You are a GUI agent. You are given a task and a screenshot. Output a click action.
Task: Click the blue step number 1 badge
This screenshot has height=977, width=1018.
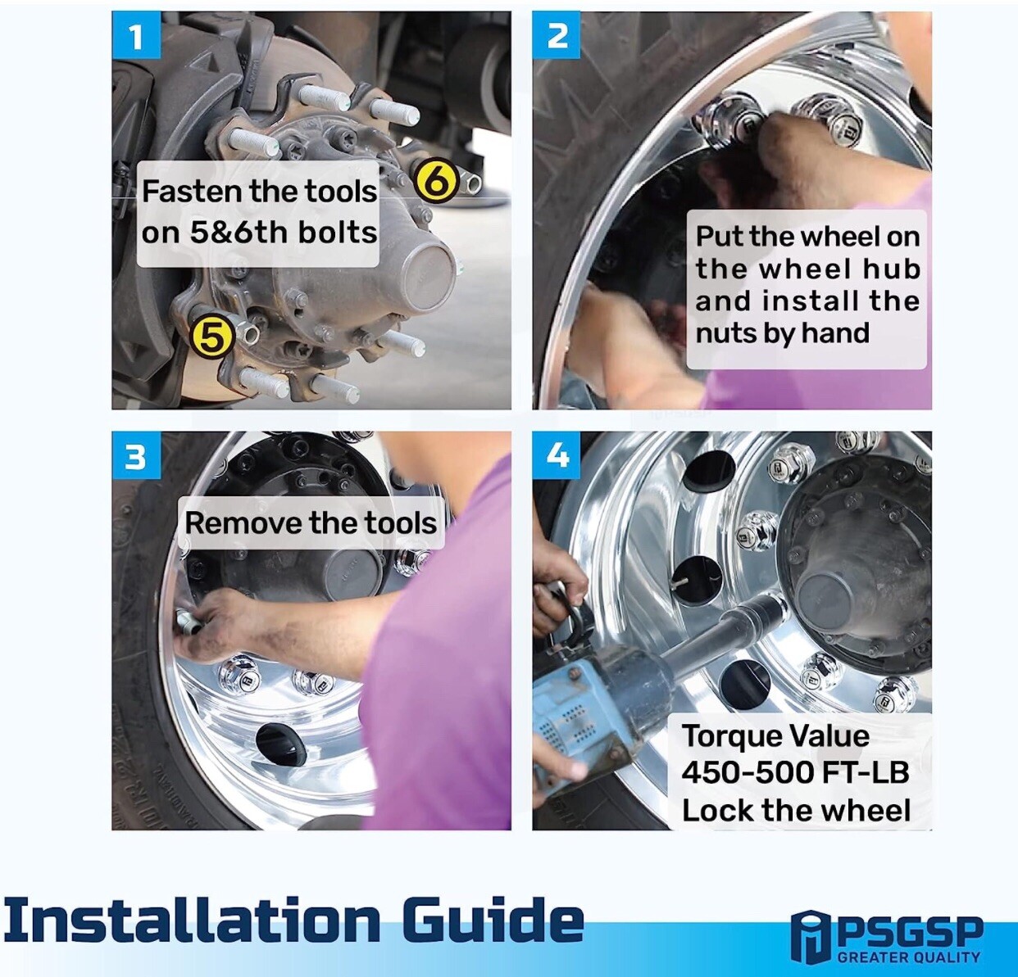click(x=137, y=35)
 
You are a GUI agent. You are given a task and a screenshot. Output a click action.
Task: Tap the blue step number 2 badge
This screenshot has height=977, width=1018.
click(x=557, y=35)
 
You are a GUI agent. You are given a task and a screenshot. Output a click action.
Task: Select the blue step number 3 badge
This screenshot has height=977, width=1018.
click(x=137, y=455)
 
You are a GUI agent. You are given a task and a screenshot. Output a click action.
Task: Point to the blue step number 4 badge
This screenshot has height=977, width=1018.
click(x=557, y=455)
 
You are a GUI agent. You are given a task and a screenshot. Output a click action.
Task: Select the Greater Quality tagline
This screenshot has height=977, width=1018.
click(x=909, y=957)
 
